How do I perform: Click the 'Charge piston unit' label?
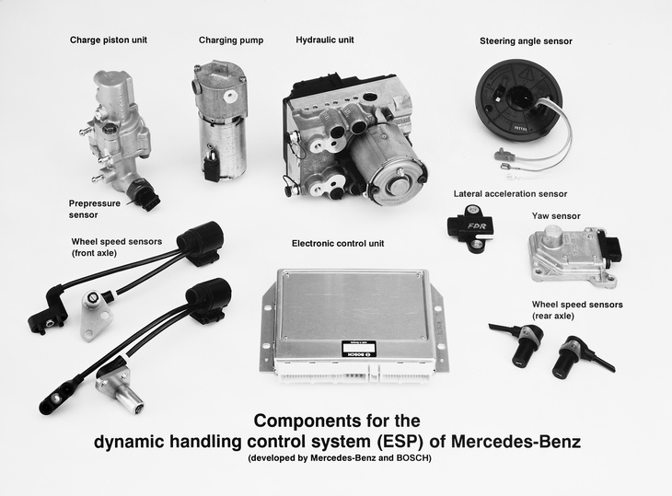click(x=109, y=40)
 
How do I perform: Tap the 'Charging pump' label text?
click(x=231, y=40)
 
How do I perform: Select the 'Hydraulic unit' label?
click(x=325, y=40)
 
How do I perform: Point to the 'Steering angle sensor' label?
click(x=526, y=41)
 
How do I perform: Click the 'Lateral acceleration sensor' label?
click(x=510, y=193)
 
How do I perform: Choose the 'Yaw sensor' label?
click(x=556, y=216)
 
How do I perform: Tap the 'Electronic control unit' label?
click(x=338, y=243)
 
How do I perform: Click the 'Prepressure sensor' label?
click(x=95, y=209)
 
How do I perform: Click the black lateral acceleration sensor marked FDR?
click(x=470, y=228)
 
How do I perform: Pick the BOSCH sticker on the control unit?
click(x=359, y=349)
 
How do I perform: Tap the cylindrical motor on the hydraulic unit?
click(x=386, y=165)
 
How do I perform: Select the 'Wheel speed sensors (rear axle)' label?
click(x=577, y=310)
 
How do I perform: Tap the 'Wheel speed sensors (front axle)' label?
click(x=117, y=248)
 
